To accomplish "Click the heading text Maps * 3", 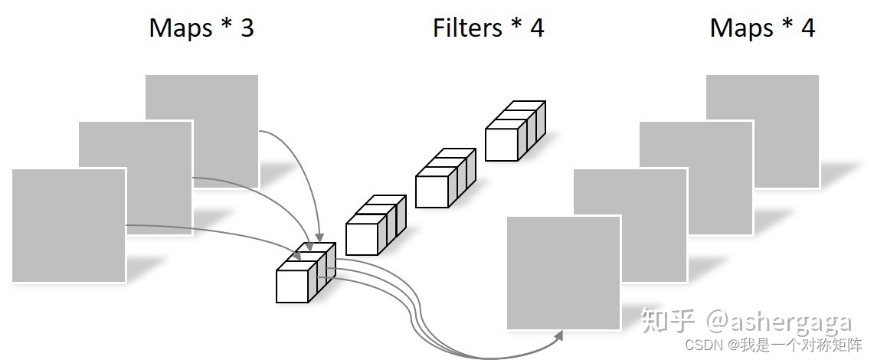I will tap(201, 28).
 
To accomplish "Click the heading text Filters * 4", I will tap(488, 28).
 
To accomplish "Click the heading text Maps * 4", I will tap(762, 28).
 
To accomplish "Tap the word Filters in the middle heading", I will tap(466, 28).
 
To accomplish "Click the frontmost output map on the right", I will tap(563, 273).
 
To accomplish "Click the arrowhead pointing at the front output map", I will tap(558, 335).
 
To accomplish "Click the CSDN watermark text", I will tap(699, 345).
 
